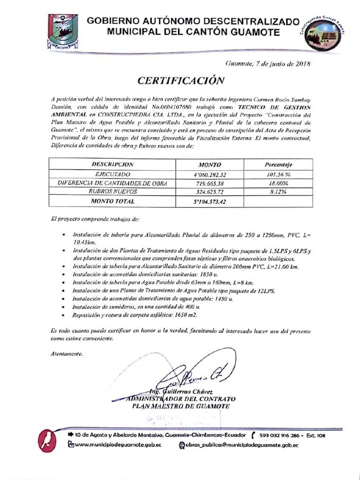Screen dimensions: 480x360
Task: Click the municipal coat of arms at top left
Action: pos(63,32)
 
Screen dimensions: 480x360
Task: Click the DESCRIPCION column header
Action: pos(112,165)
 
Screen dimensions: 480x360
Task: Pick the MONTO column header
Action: pos(210,165)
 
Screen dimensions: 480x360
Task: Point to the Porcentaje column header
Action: pos(278,165)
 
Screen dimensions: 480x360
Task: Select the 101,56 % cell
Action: pos(278,174)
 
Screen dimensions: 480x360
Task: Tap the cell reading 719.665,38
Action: pos(210,183)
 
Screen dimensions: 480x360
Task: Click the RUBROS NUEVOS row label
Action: pos(112,192)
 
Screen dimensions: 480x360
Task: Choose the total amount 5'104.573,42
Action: pos(211,202)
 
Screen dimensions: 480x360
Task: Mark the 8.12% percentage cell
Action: pos(278,192)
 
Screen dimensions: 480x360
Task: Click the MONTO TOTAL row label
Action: pos(112,201)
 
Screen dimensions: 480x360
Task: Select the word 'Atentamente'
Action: pos(67,354)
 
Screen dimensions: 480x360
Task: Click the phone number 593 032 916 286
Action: pos(279,435)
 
